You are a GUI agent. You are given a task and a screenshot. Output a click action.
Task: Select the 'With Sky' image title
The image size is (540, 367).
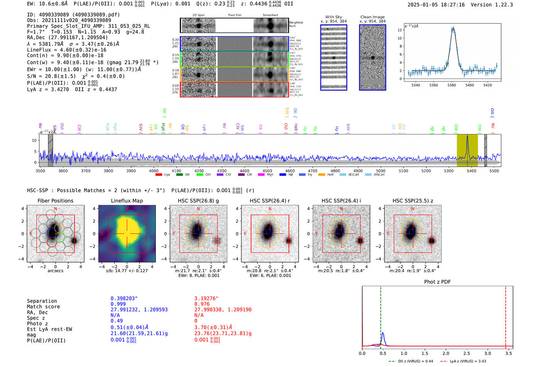(333, 17)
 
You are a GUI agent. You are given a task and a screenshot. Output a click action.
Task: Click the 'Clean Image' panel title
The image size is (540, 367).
(372, 17)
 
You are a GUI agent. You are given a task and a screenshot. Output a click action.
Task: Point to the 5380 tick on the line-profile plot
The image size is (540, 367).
(451, 85)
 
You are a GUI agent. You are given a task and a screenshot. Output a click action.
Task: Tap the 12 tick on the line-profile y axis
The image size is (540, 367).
(400, 30)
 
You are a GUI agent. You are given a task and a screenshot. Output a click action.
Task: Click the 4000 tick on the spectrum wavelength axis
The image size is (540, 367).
(154, 171)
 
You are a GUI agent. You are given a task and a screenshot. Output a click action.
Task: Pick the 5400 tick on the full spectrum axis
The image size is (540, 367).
(471, 171)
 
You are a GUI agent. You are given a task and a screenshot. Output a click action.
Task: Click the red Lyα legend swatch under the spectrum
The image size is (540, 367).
(159, 175)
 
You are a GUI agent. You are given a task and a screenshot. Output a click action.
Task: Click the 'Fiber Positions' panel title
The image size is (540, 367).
(55, 201)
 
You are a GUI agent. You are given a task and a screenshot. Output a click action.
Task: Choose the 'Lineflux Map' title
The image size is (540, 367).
(127, 201)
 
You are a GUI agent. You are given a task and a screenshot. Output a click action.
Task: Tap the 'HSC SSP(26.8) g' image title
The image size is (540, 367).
(198, 201)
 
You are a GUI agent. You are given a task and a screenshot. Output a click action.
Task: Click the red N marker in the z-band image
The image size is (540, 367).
(413, 209)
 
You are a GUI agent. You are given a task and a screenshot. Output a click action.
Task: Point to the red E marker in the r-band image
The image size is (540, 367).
(245, 233)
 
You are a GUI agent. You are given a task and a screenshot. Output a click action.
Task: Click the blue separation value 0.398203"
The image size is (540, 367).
(124, 298)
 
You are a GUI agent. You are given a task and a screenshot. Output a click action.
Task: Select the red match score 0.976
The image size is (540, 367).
(202, 304)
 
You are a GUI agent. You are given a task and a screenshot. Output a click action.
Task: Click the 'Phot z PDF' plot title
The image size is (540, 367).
(437, 282)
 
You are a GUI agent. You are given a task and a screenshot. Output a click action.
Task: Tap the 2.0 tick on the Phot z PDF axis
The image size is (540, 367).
(445, 353)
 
